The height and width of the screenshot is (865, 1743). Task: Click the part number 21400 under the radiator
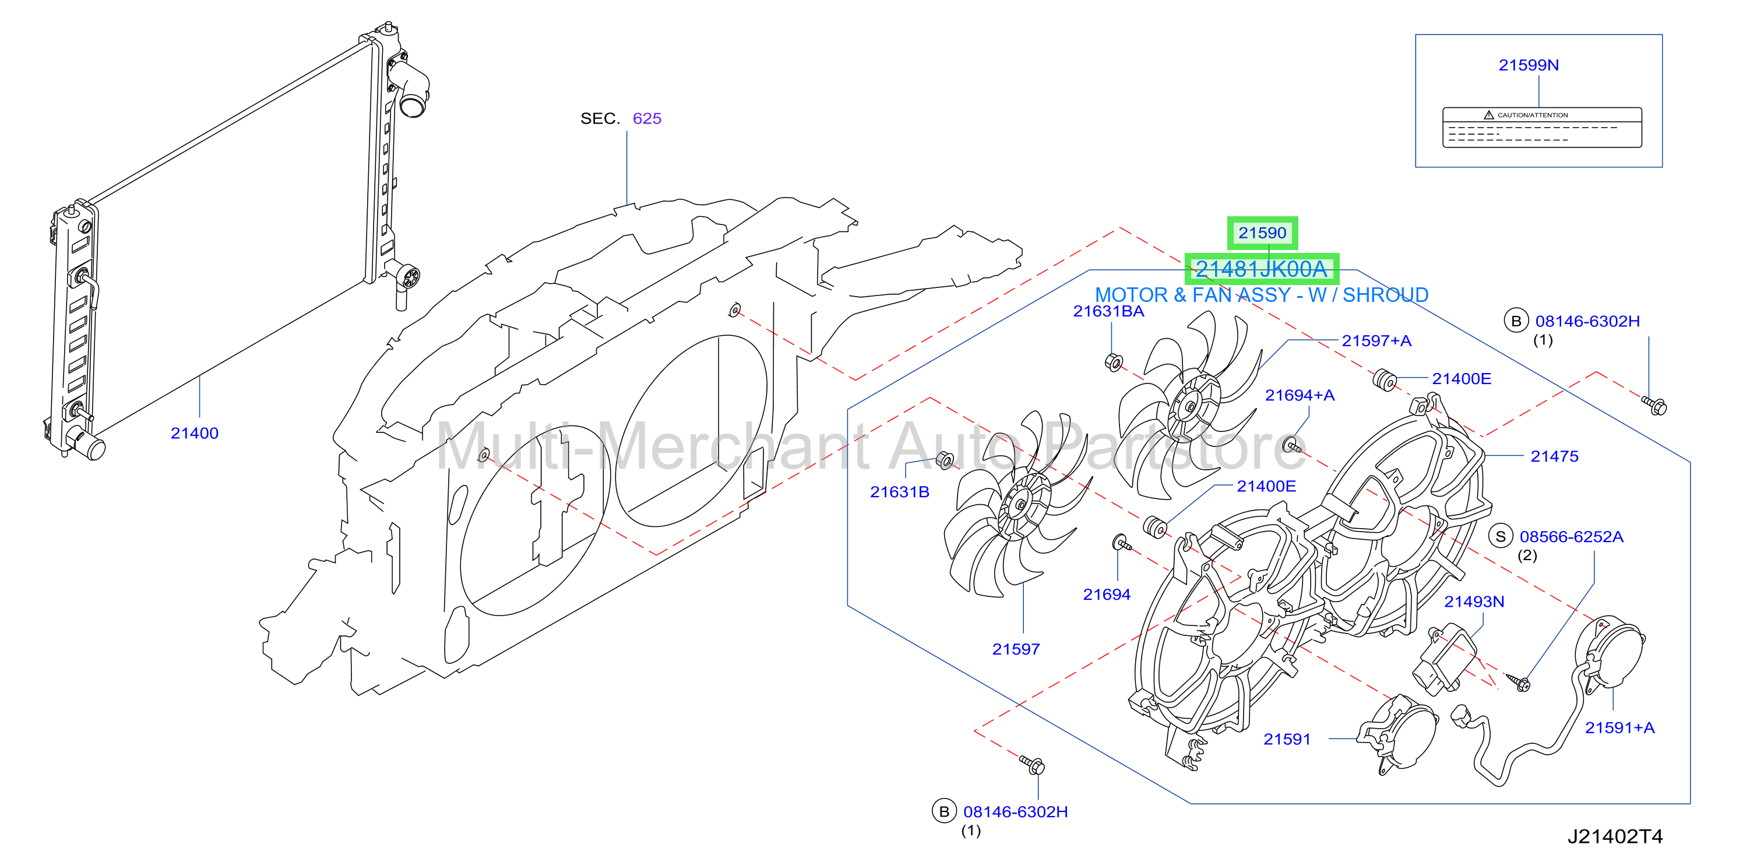click(194, 433)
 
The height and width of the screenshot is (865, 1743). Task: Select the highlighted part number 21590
click(1262, 233)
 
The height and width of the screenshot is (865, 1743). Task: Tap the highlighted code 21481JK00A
click(1261, 269)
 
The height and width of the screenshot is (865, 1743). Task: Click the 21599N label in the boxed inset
click(1529, 65)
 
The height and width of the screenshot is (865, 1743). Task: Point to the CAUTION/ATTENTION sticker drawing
click(1541, 127)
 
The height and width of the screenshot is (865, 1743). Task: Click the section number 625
click(647, 118)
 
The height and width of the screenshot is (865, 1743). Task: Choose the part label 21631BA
click(1108, 311)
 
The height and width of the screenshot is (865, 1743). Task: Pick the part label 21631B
click(899, 492)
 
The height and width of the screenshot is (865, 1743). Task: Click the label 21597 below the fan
click(1016, 649)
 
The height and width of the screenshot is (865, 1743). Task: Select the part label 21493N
click(1474, 602)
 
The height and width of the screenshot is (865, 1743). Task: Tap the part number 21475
click(1554, 456)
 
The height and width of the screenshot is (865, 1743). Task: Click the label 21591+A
click(1620, 727)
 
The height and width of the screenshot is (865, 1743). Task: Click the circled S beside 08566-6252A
click(1501, 537)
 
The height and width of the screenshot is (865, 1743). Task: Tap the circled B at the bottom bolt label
click(944, 811)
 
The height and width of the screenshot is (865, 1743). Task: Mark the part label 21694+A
click(1300, 395)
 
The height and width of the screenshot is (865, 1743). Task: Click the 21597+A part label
click(1376, 341)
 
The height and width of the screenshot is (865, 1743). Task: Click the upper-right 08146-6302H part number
click(1587, 322)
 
